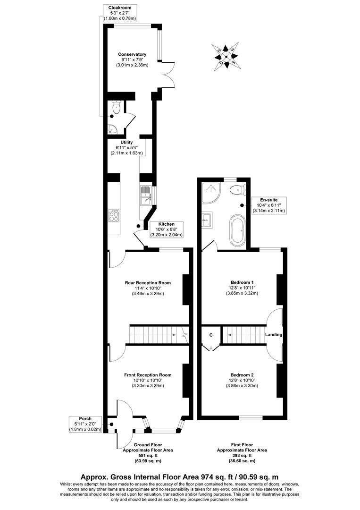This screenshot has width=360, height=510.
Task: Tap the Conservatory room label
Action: (x=132, y=54)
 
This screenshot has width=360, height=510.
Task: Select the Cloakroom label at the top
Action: (x=119, y=8)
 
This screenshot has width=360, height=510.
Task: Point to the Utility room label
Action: (x=126, y=142)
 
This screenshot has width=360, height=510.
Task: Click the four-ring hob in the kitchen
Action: (x=114, y=216)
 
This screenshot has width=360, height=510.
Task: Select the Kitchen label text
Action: (x=166, y=224)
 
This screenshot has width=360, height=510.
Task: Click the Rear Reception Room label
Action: (x=148, y=283)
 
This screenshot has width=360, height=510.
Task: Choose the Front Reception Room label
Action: (x=148, y=375)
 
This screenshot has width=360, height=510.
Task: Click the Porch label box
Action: (x=85, y=419)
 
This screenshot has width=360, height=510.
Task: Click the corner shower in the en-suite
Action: (x=209, y=192)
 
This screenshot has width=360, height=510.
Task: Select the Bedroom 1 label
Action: (x=241, y=283)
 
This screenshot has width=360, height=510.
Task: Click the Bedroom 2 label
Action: (x=241, y=375)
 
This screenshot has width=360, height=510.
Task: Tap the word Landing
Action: (x=274, y=335)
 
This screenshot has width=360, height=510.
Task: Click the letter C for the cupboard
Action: (x=211, y=335)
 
